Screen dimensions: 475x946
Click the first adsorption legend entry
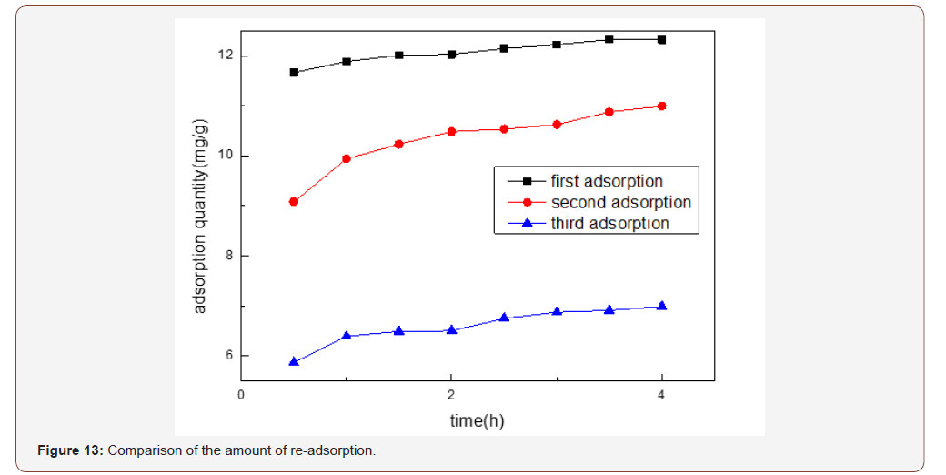pos(607,181)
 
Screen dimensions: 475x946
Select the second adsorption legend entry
pos(620,202)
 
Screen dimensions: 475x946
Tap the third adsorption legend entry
pos(609,223)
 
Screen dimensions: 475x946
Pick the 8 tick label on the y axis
pos(228,256)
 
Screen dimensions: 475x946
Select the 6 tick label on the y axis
pos(228,356)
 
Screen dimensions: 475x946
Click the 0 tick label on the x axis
pos(240,395)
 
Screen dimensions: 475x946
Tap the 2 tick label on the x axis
pos(450,395)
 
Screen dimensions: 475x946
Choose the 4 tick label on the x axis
pos(661,395)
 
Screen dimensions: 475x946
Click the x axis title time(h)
pos(477,420)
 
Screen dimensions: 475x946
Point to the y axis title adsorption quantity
pos(201,216)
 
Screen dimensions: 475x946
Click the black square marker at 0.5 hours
pos(294,72)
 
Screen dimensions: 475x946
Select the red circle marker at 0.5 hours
pos(294,202)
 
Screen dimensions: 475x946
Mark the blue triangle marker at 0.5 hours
pos(294,361)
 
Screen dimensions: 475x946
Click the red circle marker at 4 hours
pos(661,106)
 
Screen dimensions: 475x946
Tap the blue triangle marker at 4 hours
pos(661,306)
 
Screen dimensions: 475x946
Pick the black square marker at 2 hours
pos(451,55)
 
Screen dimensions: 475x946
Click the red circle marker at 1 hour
pos(347,158)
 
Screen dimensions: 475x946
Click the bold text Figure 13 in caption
pos(70,451)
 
